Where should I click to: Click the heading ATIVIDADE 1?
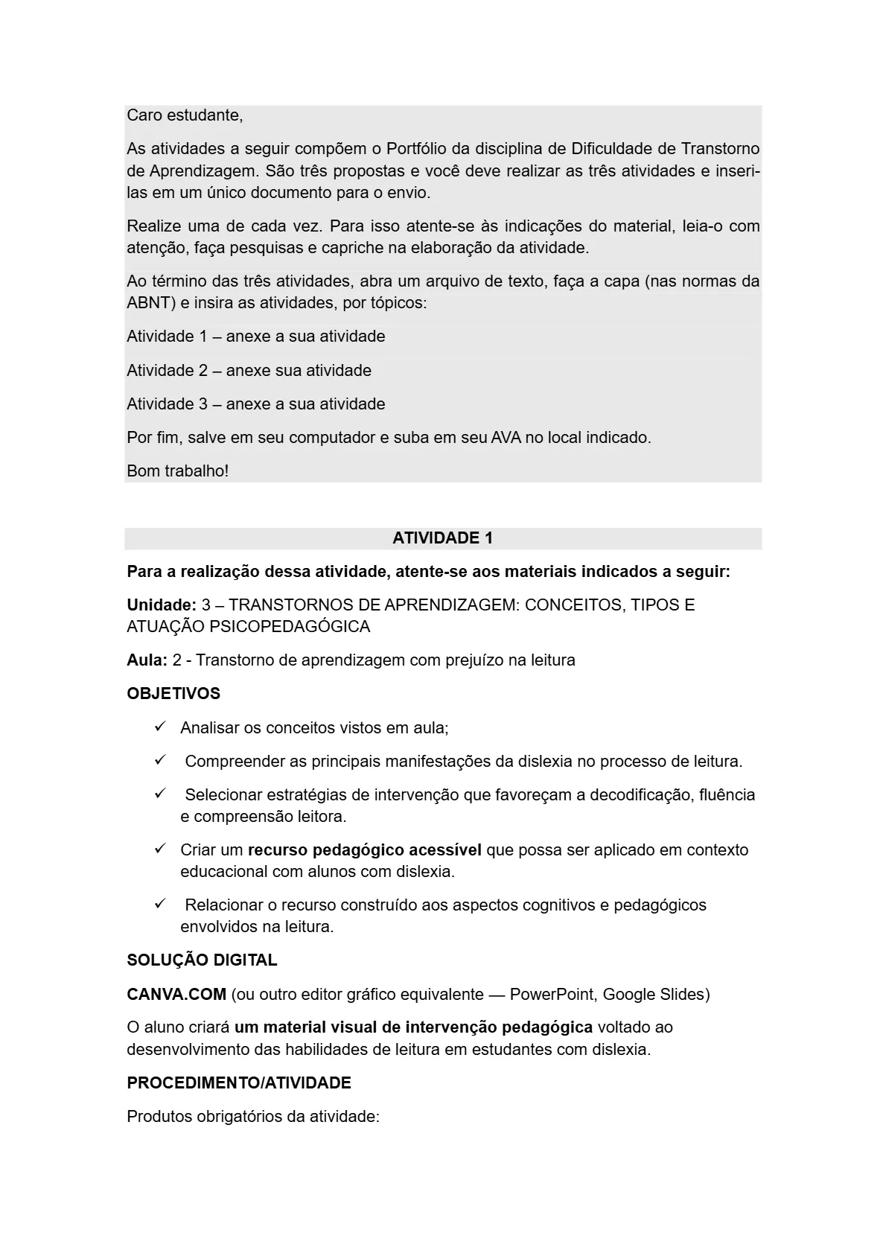(x=442, y=538)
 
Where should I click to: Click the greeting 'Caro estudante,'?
(x=185, y=115)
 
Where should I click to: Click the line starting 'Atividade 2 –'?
(x=249, y=370)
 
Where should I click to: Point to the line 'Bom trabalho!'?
(x=177, y=471)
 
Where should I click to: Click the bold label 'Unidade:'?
(x=162, y=605)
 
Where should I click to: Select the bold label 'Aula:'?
(x=147, y=660)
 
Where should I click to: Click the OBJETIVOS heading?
(x=173, y=694)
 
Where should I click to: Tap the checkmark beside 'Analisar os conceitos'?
(x=159, y=727)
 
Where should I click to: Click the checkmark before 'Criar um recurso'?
(x=159, y=849)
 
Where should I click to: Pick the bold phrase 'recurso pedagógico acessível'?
(x=364, y=850)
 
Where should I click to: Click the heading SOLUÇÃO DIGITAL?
(x=202, y=960)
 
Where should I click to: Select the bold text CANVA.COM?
(x=176, y=995)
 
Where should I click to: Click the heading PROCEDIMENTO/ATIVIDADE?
(x=239, y=1083)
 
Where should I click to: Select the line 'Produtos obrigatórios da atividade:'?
(x=253, y=1117)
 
